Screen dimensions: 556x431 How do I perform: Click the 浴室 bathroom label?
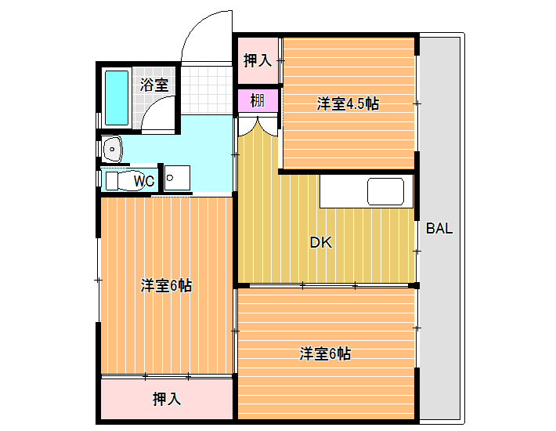(x=154, y=85)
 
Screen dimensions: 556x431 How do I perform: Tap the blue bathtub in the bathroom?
(x=117, y=98)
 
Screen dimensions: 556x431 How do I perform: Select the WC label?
(x=144, y=181)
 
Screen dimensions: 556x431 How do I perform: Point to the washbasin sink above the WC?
(x=113, y=149)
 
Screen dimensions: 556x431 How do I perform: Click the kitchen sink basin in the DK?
(x=385, y=191)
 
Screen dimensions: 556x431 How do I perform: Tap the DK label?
(x=321, y=243)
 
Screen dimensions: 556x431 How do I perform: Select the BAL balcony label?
(x=439, y=229)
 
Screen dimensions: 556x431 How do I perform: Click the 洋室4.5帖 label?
(x=348, y=104)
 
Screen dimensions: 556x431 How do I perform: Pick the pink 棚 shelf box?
(x=258, y=101)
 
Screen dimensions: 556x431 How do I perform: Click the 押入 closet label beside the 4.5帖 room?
(x=258, y=60)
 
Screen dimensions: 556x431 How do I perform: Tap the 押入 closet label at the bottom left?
(x=167, y=399)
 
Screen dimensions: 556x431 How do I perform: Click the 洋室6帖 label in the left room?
(x=166, y=285)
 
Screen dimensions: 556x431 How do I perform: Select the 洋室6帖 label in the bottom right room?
(x=325, y=353)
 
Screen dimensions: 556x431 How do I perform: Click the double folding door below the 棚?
(x=258, y=127)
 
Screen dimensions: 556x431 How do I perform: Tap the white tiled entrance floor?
(x=207, y=90)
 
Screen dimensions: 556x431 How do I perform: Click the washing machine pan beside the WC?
(x=177, y=178)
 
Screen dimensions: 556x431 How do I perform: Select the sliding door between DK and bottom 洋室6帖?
(x=329, y=285)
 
